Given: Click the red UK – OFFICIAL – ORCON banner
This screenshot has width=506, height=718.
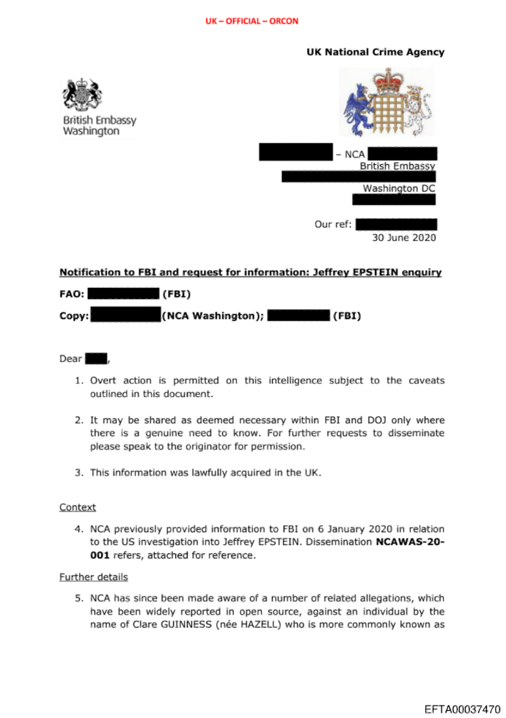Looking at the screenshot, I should pyautogui.click(x=252, y=21).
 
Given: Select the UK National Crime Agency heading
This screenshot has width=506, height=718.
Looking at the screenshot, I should pyautogui.click(x=375, y=52).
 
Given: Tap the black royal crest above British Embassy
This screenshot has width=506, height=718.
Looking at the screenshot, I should pyautogui.click(x=81, y=95).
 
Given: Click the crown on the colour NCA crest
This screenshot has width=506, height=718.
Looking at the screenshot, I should pyautogui.click(x=387, y=79).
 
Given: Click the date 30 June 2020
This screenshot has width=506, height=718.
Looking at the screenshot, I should pyautogui.click(x=403, y=237).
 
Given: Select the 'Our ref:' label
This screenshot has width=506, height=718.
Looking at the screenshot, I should pyautogui.click(x=334, y=224).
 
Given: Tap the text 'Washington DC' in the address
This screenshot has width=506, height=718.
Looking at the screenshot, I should pyautogui.click(x=399, y=188).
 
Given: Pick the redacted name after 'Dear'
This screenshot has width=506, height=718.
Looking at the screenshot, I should pyautogui.click(x=96, y=358).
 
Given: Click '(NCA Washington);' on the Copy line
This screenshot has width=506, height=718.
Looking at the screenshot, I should pyautogui.click(x=213, y=317).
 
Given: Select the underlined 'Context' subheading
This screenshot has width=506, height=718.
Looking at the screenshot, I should pyautogui.click(x=77, y=507).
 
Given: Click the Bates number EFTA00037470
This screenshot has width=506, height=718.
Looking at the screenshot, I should pyautogui.click(x=462, y=708).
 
